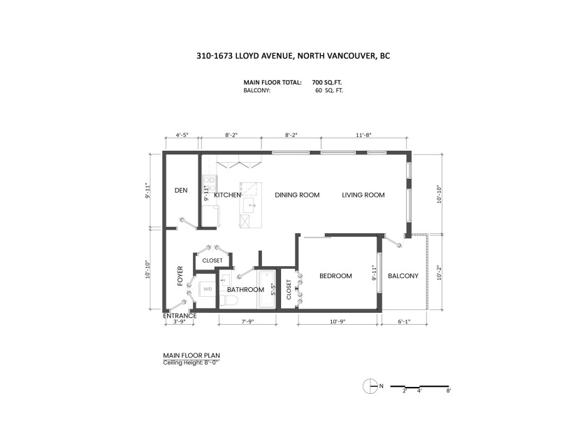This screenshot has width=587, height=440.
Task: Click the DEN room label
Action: [x=181, y=191]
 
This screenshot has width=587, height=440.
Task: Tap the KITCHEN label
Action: [x=227, y=195]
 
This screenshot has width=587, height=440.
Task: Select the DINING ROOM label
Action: [x=297, y=195]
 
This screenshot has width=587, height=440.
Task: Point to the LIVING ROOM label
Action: [x=363, y=195]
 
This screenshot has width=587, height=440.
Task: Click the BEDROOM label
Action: [x=335, y=276]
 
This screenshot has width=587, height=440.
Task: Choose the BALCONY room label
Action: [x=403, y=276]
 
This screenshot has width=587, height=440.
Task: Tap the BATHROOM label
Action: [x=245, y=290]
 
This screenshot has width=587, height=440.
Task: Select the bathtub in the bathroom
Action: [x=266, y=290]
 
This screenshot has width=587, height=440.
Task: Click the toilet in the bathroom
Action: [x=229, y=301]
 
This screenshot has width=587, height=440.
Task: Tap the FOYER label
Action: [x=180, y=276]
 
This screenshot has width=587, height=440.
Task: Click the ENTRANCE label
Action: [x=180, y=316]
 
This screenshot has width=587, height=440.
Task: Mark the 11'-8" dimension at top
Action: [x=363, y=135]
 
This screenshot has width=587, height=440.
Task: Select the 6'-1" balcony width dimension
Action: [x=404, y=321]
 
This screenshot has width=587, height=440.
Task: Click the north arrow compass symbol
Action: [x=370, y=386]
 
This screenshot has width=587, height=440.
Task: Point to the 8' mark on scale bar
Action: [x=449, y=391]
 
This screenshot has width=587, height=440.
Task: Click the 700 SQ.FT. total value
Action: [x=327, y=82]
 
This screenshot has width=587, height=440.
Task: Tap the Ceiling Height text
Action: [x=191, y=362]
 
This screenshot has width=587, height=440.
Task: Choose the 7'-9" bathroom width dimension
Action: [x=247, y=321]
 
